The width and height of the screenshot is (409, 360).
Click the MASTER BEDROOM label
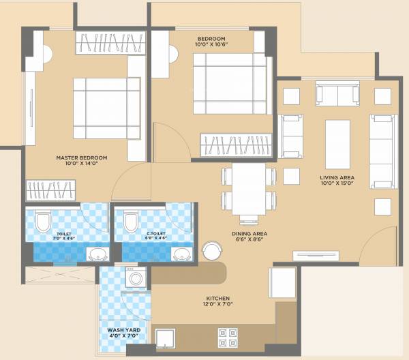(x=80, y=162)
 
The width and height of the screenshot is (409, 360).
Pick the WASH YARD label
(x=123, y=333)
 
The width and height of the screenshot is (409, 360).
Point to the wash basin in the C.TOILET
(x=181, y=255)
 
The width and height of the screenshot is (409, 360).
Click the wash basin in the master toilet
(x=97, y=255)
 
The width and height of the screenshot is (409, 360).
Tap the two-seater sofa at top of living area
(x=337, y=93)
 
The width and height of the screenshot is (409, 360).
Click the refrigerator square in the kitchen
(x=282, y=281)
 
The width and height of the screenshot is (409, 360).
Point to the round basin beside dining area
(x=210, y=250)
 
